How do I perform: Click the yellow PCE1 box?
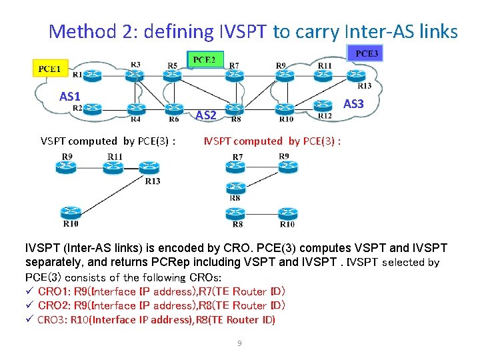coord(49,68)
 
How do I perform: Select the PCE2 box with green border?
coord(205,60)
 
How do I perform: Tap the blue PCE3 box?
coord(365,53)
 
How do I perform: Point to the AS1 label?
coord(69,97)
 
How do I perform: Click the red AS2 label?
coord(205,116)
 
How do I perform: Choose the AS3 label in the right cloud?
coord(353,104)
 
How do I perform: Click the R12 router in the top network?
coord(323,105)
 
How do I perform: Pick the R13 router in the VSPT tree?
coord(147,167)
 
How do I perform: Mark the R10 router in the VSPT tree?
coord(70,212)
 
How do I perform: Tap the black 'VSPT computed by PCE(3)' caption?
coord(109,141)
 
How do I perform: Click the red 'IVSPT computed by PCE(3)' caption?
coord(273,141)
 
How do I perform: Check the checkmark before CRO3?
coord(29,320)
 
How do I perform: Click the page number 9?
coord(239,343)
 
